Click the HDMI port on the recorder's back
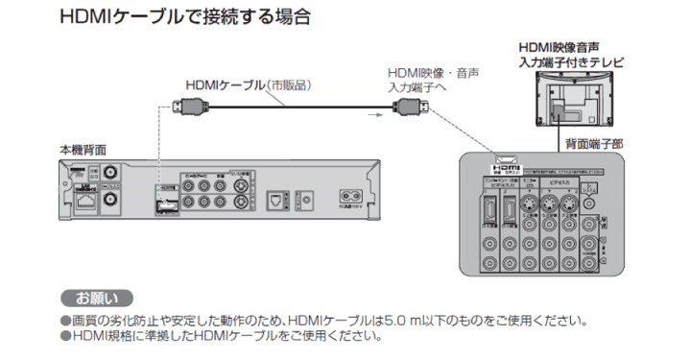point(166,202)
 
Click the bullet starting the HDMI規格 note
point(64,336)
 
